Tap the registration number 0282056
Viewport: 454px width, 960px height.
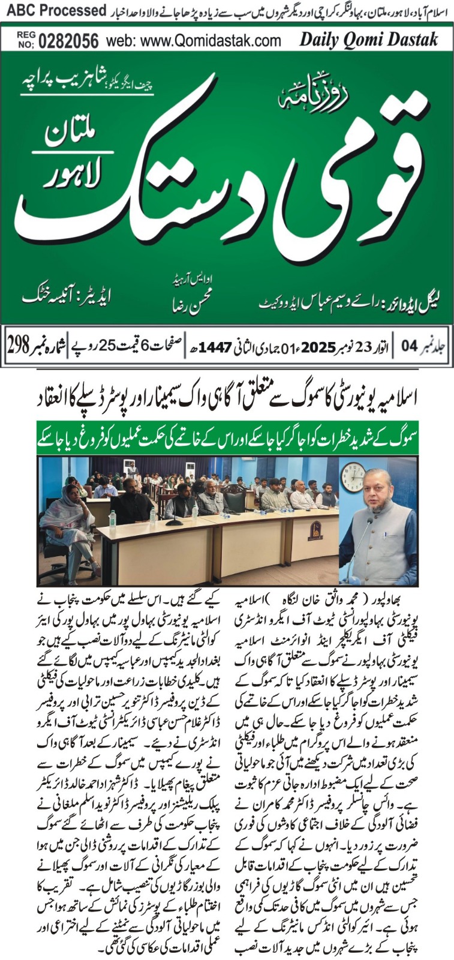(x=68, y=41)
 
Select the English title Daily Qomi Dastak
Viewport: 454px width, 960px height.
(x=368, y=40)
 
